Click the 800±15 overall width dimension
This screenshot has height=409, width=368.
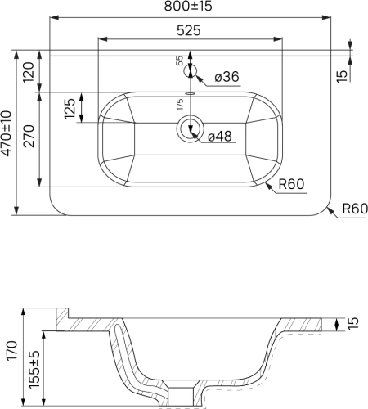coord(188,6)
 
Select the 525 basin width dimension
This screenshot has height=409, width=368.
coord(189,30)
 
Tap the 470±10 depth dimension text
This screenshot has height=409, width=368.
coord(7,133)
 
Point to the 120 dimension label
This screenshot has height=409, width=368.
coord(29,73)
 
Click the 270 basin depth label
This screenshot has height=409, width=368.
coord(29,137)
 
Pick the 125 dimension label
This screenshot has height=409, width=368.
coord(70,109)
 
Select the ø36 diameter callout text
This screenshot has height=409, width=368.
coord(227,77)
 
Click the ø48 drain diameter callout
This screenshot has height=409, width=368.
coord(220,136)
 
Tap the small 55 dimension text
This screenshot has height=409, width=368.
coord(180,61)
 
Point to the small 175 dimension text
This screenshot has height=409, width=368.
coord(180,105)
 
